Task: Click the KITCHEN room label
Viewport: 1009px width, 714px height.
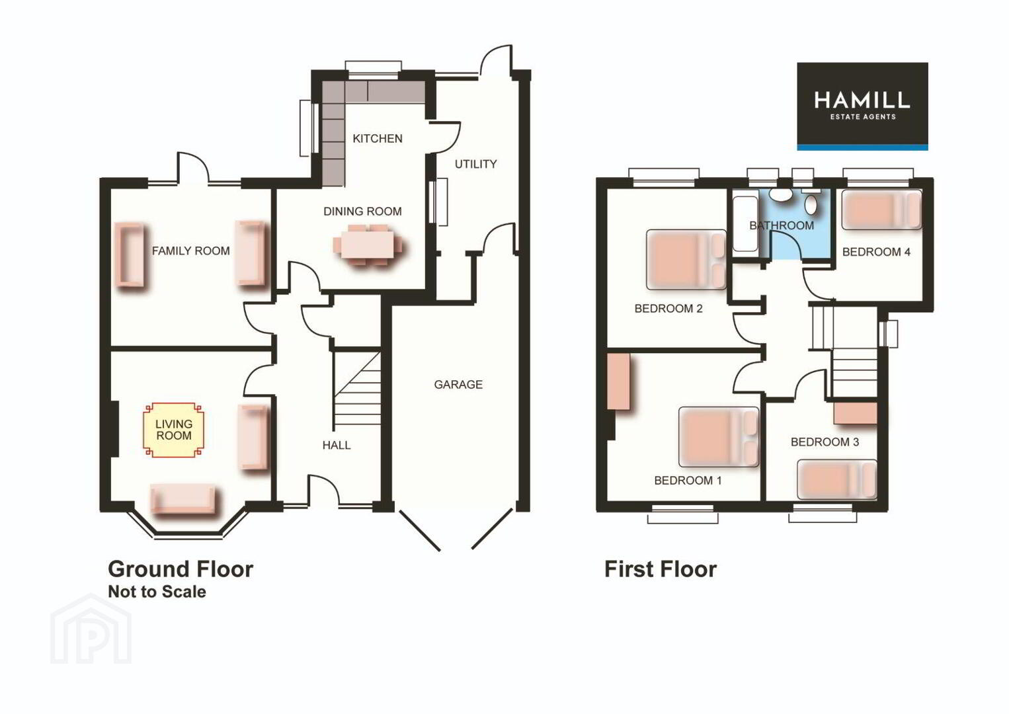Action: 378,139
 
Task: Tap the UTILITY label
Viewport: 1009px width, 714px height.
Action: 475,165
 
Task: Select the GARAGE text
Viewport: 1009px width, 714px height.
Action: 458,385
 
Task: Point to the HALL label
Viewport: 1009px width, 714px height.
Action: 337,446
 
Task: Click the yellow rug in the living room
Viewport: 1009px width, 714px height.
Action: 173,430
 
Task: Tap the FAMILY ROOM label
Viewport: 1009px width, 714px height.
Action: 190,251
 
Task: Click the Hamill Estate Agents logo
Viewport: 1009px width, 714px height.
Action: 862,106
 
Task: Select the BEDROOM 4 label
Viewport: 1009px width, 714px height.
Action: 876,253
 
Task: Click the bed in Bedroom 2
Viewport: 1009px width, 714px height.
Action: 686,259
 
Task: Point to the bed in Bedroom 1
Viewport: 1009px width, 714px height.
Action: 719,437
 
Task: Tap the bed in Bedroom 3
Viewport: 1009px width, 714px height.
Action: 837,479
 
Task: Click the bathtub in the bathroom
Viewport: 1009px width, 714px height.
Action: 745,224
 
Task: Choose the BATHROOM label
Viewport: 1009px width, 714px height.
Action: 782,225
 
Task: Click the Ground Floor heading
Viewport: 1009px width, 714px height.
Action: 181,569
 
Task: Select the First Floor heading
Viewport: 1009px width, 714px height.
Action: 661,569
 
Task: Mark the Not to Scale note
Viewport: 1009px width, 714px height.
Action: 157,592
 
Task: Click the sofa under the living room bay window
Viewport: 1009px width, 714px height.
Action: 182,498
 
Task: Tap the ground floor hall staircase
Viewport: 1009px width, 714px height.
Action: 357,391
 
